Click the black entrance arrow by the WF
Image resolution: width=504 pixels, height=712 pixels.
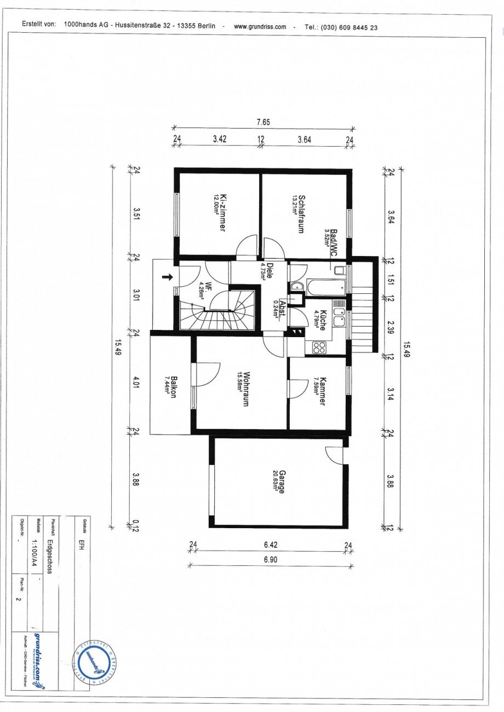click(x=168, y=277)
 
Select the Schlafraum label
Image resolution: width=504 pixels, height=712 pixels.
click(x=299, y=214)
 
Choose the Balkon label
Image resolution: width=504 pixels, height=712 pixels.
click(x=172, y=387)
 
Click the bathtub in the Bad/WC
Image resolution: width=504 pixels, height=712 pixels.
click(x=326, y=287)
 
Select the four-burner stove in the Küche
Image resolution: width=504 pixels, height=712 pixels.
click(x=319, y=347)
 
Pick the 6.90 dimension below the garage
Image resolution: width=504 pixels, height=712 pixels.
click(x=269, y=559)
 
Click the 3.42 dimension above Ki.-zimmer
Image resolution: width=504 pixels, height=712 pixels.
click(x=219, y=139)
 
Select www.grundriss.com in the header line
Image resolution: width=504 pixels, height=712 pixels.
click(x=260, y=26)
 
